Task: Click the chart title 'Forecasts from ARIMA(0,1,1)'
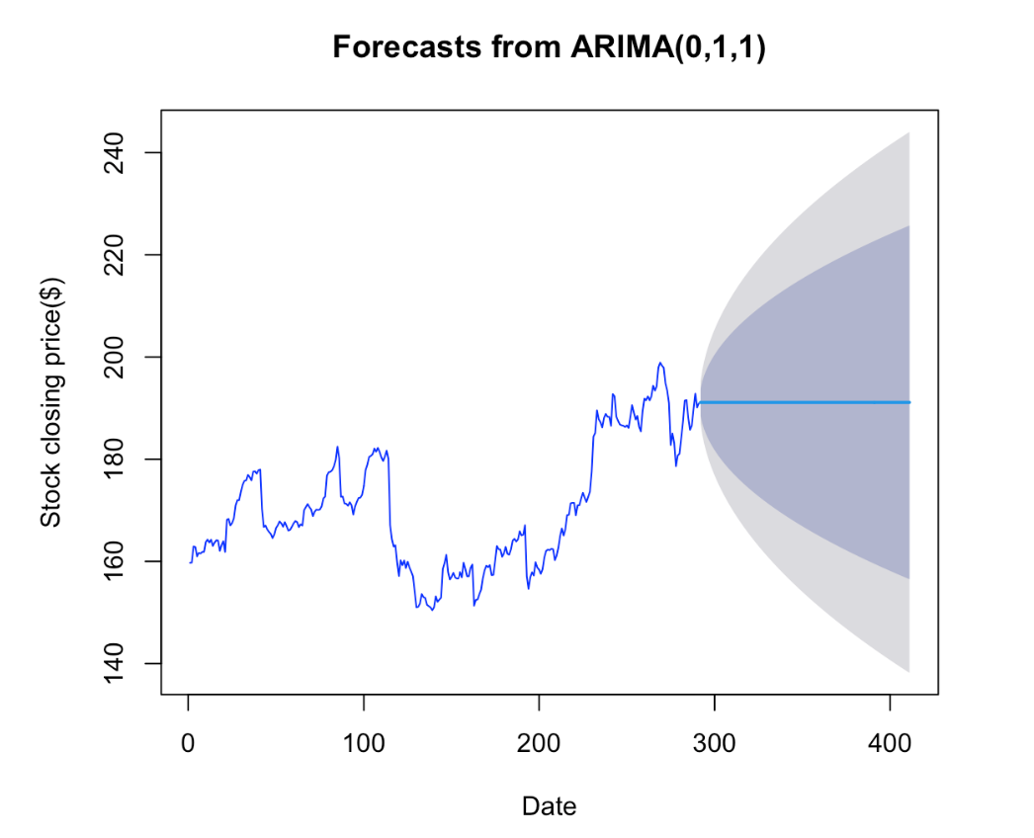coord(549,47)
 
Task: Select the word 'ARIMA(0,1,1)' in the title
coord(668,47)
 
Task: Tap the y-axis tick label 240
coord(114,153)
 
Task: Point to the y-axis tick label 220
coord(114,255)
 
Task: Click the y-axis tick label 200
coord(114,358)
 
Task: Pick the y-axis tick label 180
coord(114,460)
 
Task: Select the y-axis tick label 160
coord(114,561)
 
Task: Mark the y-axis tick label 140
coord(114,664)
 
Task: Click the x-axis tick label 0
coord(188,744)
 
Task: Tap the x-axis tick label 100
coord(364,744)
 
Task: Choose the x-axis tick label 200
coord(539,744)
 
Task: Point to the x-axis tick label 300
coord(714,744)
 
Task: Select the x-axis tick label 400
coord(890,744)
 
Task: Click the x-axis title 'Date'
coord(549,806)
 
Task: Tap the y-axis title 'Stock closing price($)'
coord(51,402)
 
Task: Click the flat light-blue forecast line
coord(805,402)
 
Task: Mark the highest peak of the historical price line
coord(660,363)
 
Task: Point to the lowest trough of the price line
coord(432,611)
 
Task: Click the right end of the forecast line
coord(910,402)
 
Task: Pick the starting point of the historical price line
coord(190,562)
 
